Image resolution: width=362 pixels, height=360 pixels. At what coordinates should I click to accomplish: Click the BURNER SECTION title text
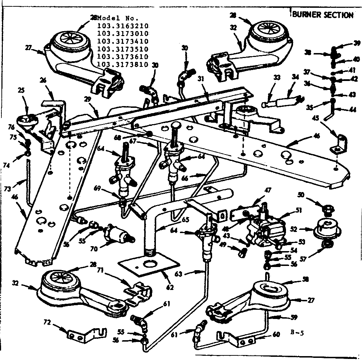point(322,15)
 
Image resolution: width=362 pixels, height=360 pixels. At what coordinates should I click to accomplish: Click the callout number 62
point(170,287)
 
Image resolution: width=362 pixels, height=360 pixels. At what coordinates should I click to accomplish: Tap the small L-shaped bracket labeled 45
point(337,143)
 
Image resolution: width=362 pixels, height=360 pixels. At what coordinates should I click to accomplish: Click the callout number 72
point(47,322)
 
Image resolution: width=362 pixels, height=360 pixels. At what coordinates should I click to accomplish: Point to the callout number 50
point(301,195)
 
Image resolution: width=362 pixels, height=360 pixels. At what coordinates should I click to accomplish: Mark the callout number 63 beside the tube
point(188,273)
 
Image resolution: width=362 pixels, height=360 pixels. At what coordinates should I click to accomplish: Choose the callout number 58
point(305,279)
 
